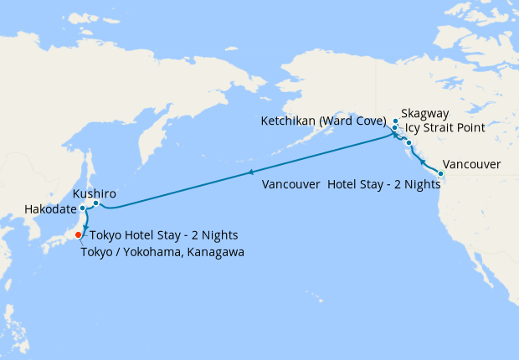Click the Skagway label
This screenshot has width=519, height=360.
[425, 113]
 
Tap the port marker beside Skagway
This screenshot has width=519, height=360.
[395, 121]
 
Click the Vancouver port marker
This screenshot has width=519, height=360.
[441, 173]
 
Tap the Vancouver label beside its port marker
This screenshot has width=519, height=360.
[471, 164]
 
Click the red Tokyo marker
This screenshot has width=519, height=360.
[79, 234]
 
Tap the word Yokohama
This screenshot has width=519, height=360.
[149, 252]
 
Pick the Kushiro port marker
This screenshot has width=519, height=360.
[96, 203]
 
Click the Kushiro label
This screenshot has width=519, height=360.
[95, 193]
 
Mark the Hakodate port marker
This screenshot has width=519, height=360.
[82, 208]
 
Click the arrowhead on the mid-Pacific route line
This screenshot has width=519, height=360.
[249, 172]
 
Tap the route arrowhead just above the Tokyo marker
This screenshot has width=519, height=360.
[85, 225]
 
